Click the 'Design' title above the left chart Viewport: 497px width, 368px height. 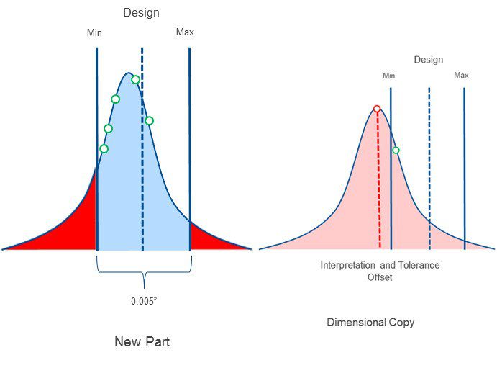(141, 13)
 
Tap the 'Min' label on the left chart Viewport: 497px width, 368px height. (94, 32)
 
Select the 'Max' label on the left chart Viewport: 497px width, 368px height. (185, 32)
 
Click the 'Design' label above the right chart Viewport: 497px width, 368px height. (428, 60)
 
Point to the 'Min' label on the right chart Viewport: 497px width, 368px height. (389, 76)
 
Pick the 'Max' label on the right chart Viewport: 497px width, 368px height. (461, 76)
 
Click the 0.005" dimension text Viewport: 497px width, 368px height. (144, 302)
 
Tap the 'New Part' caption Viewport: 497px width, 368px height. (142, 342)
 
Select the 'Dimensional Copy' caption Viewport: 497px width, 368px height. (370, 323)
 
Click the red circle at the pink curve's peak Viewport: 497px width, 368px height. (377, 109)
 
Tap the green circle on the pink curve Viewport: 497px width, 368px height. (396, 151)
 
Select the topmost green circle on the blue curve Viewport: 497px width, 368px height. (135, 79)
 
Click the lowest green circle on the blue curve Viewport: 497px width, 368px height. (104, 149)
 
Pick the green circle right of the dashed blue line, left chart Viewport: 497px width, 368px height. (149, 120)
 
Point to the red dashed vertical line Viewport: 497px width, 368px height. (379, 187)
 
